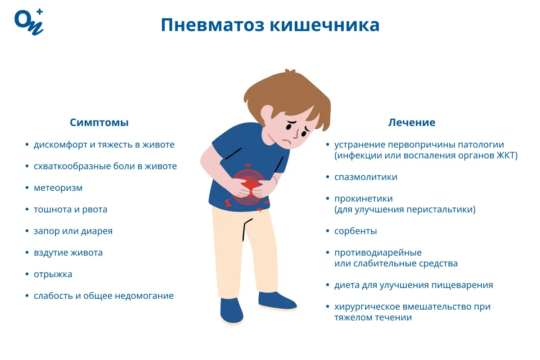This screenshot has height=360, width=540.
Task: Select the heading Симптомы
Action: coord(99,122)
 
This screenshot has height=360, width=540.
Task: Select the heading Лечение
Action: coord(412,122)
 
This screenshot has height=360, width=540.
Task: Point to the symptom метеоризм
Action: coord(58,188)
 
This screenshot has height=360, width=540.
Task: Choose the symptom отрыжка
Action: coord(53,274)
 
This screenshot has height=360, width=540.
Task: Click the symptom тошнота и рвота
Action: coord(70,210)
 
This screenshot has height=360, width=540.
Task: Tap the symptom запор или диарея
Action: coord(73,231)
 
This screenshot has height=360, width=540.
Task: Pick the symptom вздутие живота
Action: coord(68,253)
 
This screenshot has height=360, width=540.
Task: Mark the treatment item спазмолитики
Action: coord(365,177)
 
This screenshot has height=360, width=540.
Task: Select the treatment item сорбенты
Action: coord(355,231)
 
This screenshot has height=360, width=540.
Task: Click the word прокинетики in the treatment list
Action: coord(363,199)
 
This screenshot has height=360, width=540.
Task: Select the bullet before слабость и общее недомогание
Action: coord(27,296)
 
